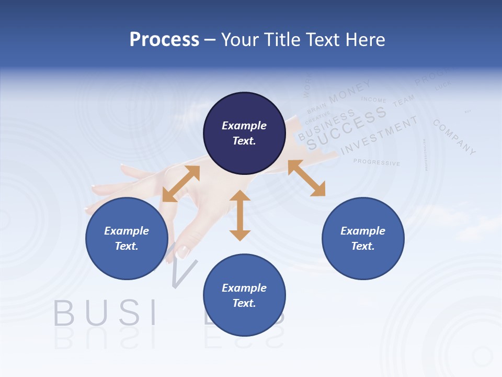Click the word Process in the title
point(164,39)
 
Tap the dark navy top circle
point(244,133)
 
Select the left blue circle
point(127,238)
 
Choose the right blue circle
point(363,238)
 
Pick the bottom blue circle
point(244,295)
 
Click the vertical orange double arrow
point(240,215)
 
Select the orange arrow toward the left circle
point(181,184)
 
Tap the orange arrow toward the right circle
point(306,178)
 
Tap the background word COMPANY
point(454,137)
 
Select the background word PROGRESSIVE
point(376,162)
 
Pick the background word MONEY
point(350,91)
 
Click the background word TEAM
point(403,100)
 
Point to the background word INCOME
point(373,100)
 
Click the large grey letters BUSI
point(105,313)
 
